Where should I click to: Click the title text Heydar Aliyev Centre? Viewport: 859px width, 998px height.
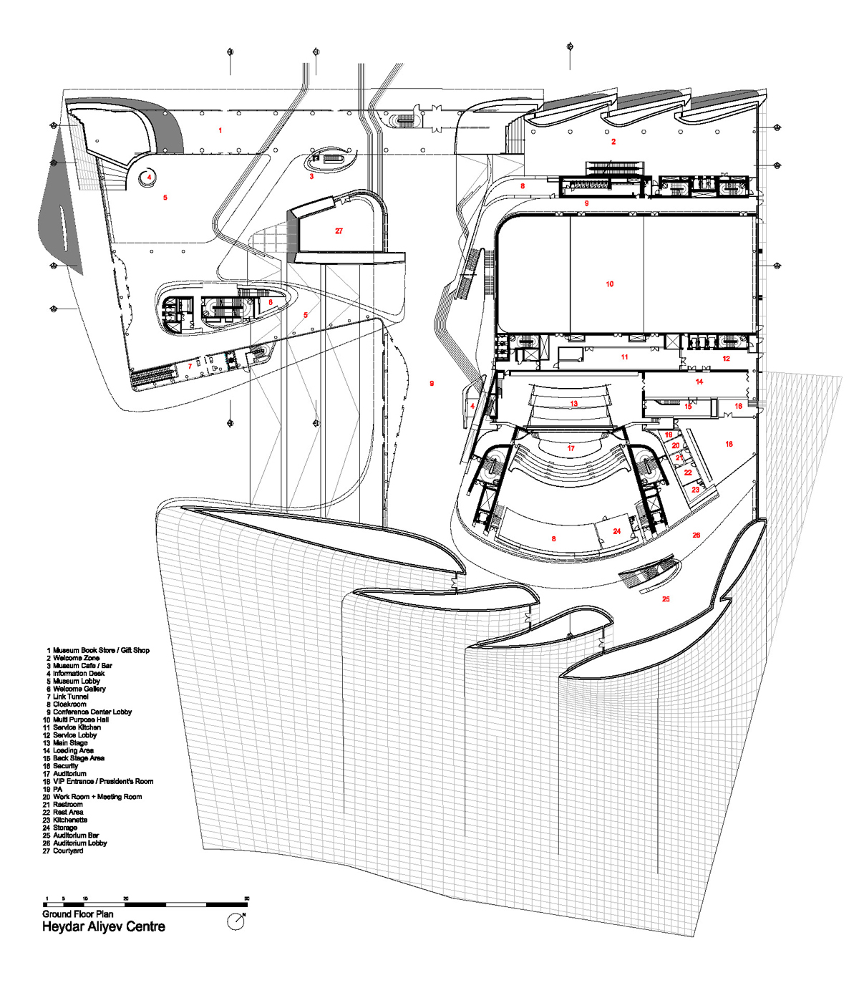(104, 926)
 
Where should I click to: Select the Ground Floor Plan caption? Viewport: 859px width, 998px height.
(77, 914)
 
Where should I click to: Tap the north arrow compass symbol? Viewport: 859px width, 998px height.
(236, 921)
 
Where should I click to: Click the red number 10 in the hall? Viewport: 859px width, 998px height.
(610, 284)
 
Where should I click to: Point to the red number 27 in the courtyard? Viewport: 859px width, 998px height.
(339, 231)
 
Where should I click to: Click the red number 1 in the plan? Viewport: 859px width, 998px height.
(220, 130)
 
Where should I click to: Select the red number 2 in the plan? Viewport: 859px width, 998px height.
(613, 142)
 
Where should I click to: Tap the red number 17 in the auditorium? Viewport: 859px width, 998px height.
(571, 449)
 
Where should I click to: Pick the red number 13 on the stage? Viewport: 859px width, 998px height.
(573, 404)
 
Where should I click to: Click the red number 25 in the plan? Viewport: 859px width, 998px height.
(666, 599)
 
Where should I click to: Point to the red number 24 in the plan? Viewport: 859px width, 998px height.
(616, 531)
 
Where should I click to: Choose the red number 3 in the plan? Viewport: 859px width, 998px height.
(311, 176)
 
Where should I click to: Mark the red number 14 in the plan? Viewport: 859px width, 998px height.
(699, 382)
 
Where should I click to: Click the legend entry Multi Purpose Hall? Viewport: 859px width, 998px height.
(80, 720)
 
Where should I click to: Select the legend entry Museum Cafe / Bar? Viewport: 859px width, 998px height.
(82, 666)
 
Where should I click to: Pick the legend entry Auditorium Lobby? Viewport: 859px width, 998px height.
(79, 843)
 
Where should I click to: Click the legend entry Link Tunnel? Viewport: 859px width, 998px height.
(70, 697)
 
